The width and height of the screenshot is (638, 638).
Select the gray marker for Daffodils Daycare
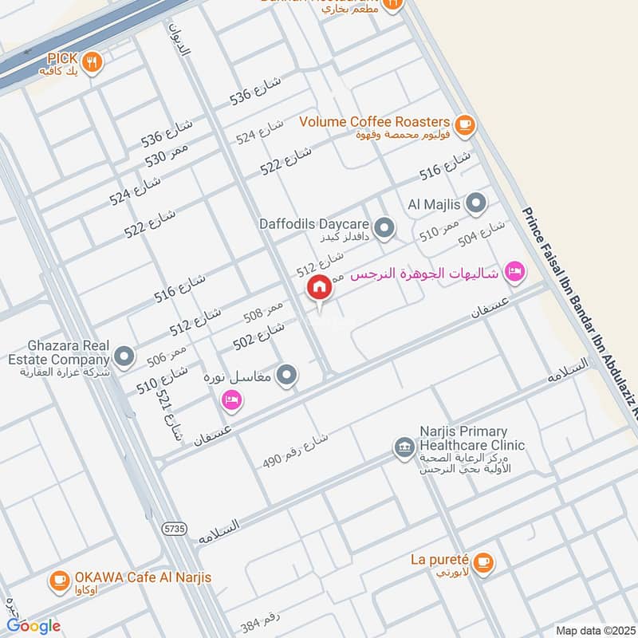pos(384,229)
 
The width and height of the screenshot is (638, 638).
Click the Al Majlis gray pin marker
pos(476,205)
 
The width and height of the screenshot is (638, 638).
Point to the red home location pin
pos(320,288)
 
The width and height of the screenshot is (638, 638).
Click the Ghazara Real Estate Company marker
pos(124,356)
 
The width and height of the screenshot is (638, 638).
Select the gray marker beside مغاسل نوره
pos(288,374)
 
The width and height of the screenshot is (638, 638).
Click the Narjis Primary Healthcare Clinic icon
pos(404,448)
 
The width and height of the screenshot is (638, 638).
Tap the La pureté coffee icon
pos(482,563)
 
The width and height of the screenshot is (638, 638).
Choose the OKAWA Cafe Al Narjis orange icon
pos(59,582)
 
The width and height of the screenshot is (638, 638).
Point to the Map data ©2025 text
pos(594,631)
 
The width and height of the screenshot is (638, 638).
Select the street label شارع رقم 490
pos(295,451)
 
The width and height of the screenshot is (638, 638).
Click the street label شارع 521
pos(168,416)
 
